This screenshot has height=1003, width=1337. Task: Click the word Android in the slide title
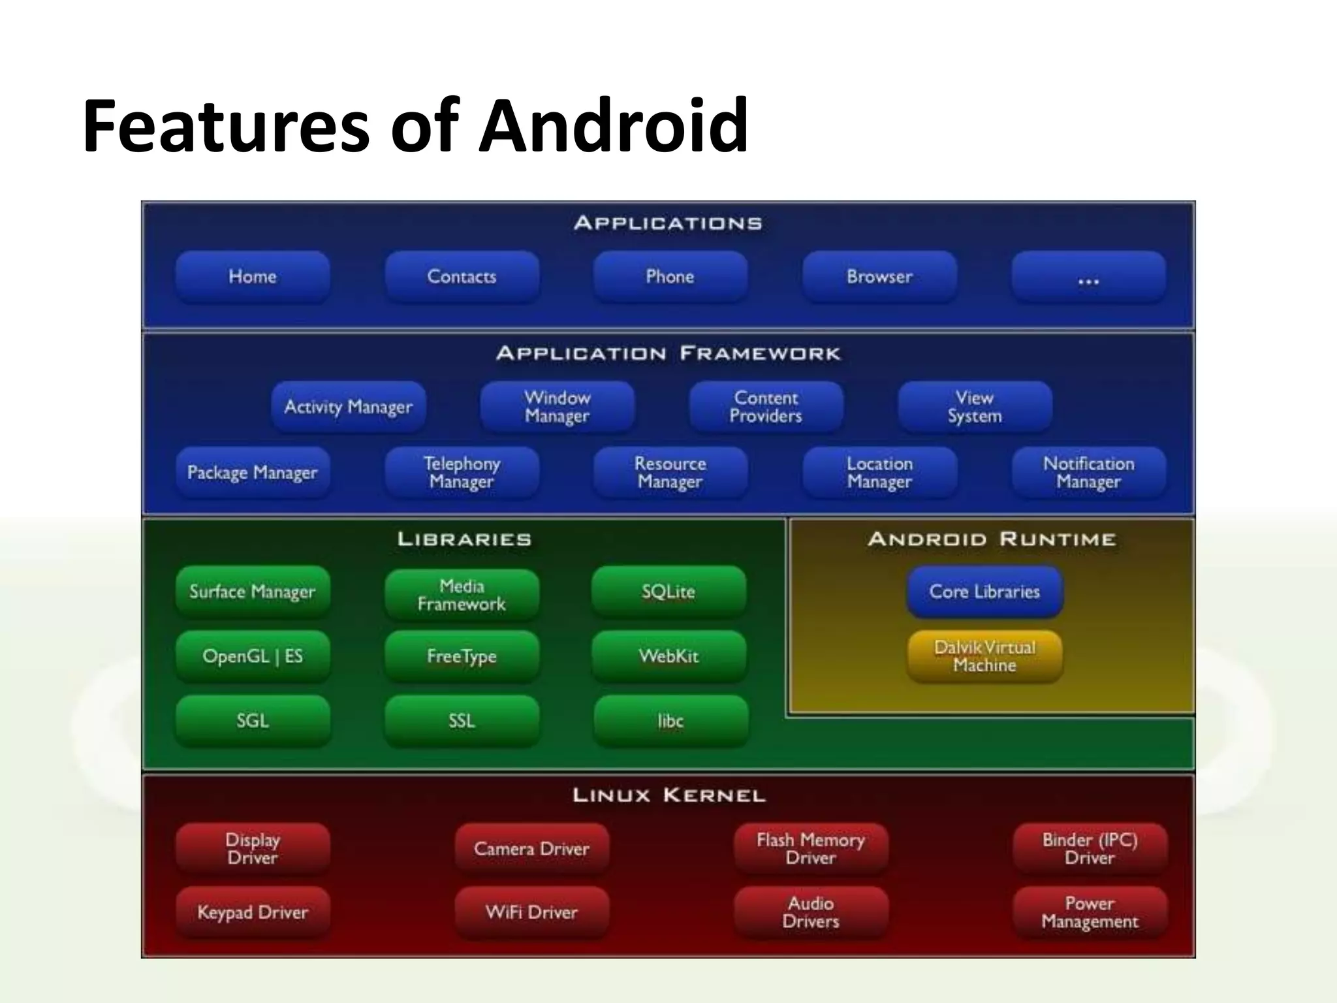613,125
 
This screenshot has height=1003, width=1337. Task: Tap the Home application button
253,277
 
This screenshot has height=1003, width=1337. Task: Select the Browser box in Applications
879,277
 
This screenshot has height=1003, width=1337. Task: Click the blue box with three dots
1088,278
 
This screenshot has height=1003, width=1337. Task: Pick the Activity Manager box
349,407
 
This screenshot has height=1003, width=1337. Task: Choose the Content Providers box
766,407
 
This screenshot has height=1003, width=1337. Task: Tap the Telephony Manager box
462,473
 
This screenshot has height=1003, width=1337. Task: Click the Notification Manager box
1088,473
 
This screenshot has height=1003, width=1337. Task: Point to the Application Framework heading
668,354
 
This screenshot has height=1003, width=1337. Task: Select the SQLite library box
668,592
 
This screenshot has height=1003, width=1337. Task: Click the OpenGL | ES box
253,656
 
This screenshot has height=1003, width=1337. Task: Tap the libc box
670,721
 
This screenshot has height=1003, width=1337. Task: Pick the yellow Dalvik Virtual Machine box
984,656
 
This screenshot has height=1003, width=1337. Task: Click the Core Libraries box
984,592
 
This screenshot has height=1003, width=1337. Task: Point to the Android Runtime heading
992,539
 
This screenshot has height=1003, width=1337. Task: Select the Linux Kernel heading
668,795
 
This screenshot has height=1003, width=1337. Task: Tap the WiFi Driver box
531,912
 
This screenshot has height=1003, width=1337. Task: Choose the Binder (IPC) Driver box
1090,849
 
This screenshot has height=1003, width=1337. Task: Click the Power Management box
1090,912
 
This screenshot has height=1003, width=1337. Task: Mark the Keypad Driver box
253,912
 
